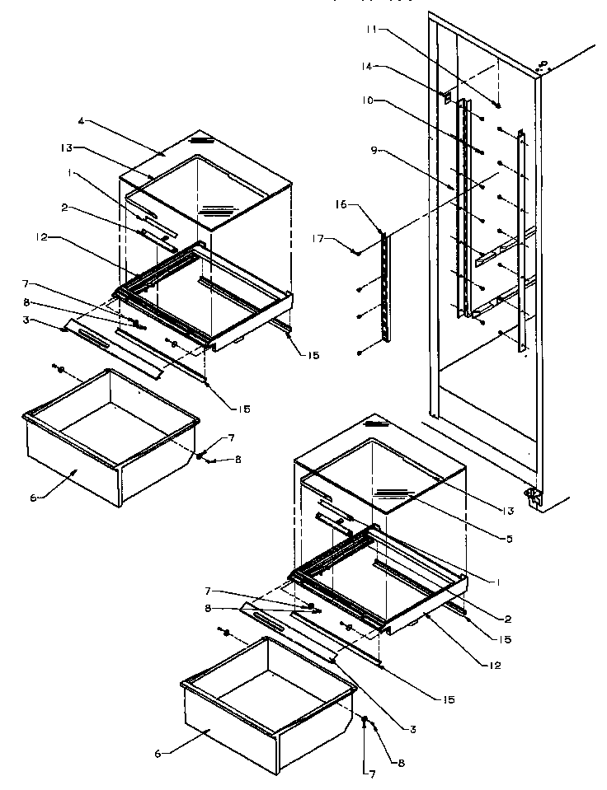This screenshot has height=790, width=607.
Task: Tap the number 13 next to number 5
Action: coord(508,511)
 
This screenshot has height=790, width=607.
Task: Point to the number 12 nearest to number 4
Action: coord(65,237)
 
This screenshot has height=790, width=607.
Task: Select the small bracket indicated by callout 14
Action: coord(447,96)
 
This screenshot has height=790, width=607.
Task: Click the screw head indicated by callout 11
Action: coord(499,105)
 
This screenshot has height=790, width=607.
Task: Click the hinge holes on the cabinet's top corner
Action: coord(542,64)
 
